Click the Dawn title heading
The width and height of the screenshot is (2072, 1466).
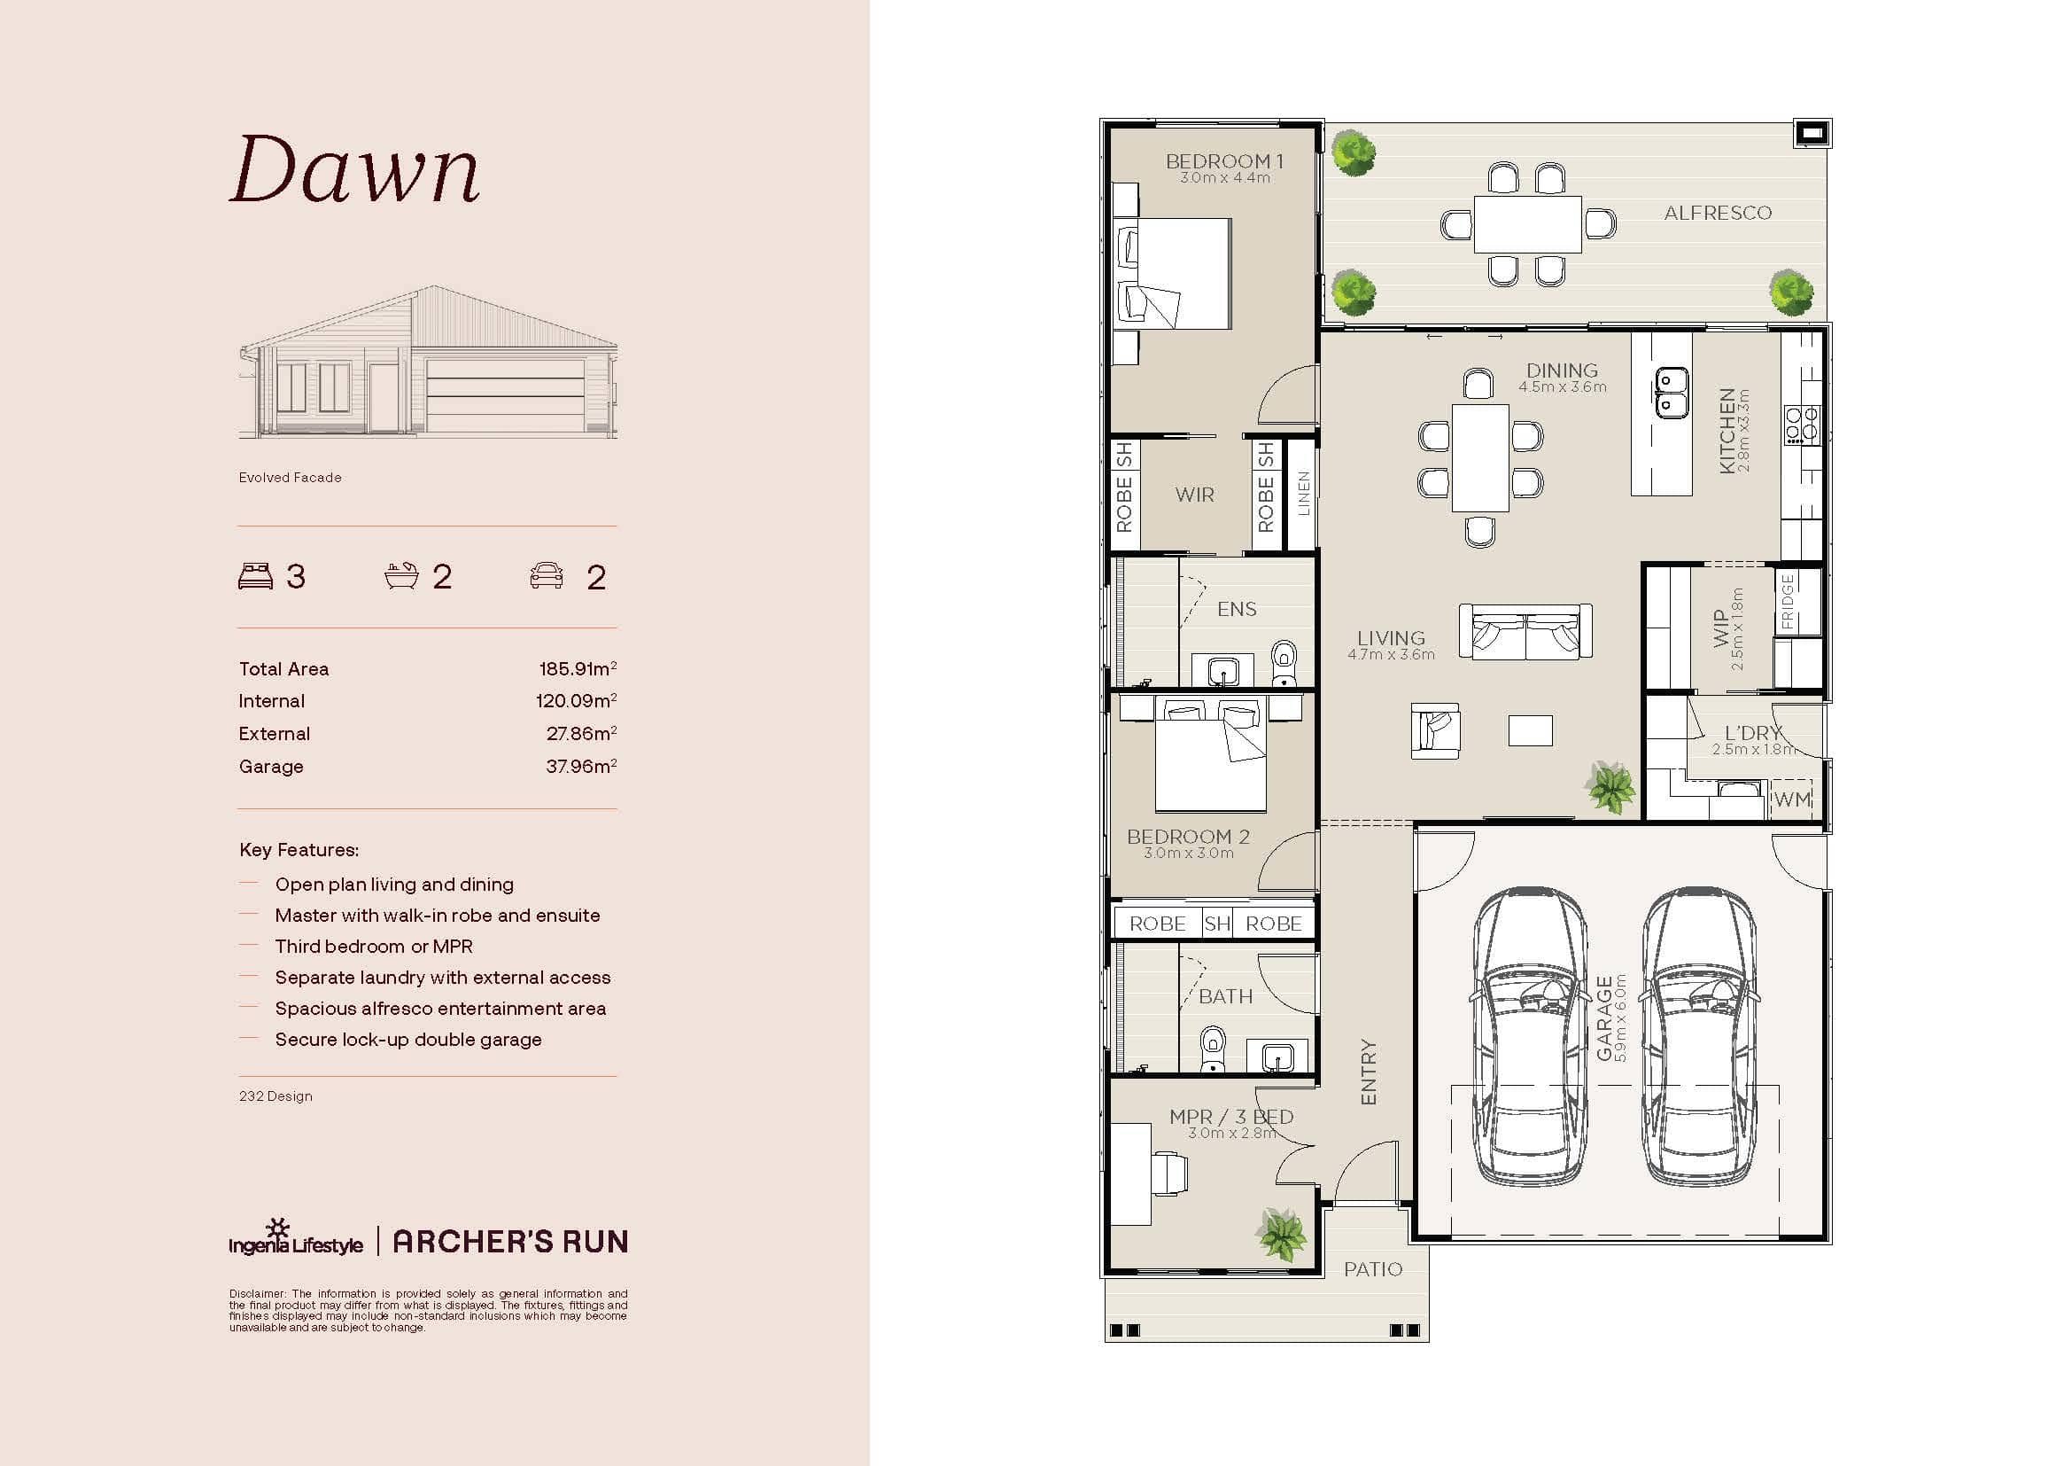pos(354,170)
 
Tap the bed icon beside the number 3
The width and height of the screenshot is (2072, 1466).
pos(255,576)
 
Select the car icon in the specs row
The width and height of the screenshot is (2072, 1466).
pos(546,576)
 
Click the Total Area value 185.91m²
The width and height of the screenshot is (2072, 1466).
pos(578,669)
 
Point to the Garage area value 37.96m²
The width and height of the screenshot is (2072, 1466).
pos(580,767)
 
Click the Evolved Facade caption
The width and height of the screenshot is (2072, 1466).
pos(290,478)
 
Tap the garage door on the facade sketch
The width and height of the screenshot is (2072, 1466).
pos(504,395)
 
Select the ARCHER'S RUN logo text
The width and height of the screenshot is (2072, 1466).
pos(510,1242)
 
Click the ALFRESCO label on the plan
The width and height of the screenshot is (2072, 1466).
pos(1718,213)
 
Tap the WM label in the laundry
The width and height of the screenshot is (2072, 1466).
pos(1791,799)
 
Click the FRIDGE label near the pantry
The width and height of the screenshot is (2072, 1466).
pos(1787,601)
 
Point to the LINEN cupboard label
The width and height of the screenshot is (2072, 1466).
pos(1302,494)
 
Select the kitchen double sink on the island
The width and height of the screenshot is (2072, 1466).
pos(1671,394)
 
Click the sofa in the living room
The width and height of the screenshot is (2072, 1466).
pos(1525,632)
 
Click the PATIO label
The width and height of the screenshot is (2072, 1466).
pos(1372,1269)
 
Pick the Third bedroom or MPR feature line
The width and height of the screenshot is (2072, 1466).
pos(374,946)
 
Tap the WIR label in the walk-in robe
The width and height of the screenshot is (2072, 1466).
pos(1194,495)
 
